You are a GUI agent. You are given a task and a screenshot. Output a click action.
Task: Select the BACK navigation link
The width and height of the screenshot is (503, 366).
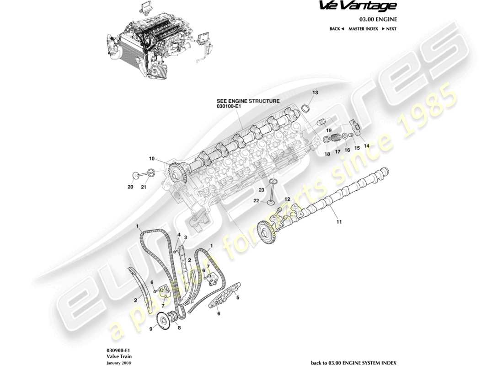pos(336,29)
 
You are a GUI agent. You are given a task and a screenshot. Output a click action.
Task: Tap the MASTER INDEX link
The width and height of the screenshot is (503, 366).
pos(363,29)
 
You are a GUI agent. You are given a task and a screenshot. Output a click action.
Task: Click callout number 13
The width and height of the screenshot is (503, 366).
pos(315,93)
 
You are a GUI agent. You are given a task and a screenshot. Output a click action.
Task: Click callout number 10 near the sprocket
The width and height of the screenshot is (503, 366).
pos(151,159)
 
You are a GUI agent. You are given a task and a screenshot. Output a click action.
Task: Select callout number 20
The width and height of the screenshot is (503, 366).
pos(130,187)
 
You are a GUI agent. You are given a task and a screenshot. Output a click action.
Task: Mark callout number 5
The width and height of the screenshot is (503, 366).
pos(238,296)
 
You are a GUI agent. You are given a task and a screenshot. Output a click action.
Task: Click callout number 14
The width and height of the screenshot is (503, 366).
pos(366,146)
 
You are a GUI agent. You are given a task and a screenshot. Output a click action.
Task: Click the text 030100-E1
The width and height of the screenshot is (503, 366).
pos(229,106)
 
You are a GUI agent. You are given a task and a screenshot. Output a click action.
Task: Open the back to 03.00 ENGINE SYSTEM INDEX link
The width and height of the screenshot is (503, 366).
pos(353,362)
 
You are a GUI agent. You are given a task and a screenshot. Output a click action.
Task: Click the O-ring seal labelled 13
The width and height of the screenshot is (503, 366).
pos(306,108)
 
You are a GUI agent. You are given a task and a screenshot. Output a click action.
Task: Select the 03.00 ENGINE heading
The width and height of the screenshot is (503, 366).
pos(377,19)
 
